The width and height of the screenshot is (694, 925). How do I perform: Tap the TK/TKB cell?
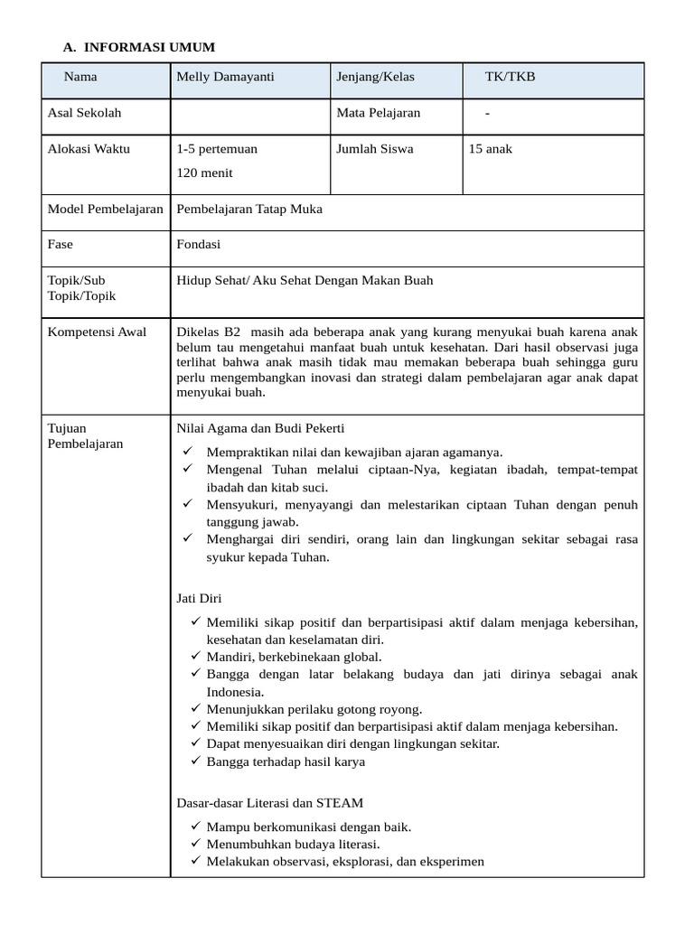coord(510,77)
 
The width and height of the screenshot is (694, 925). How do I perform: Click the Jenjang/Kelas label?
coord(375,77)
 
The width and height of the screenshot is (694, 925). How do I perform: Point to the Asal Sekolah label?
coord(84,113)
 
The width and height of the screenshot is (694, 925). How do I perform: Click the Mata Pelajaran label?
coord(378,113)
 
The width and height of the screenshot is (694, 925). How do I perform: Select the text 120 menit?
coord(204,172)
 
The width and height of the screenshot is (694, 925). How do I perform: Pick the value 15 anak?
coord(490,148)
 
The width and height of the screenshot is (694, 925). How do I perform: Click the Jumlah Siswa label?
coord(374,148)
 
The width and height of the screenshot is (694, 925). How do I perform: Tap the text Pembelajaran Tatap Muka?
coord(249,209)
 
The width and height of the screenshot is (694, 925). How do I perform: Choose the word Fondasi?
coord(199,244)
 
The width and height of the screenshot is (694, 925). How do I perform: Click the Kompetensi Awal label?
coord(97,332)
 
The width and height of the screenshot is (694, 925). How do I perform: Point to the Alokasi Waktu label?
coord(89,148)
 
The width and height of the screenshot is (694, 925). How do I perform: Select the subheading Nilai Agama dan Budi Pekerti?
coord(260,428)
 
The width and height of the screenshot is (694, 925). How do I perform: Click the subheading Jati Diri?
coord(199,598)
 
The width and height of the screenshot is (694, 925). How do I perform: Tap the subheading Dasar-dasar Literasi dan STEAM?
coord(269,802)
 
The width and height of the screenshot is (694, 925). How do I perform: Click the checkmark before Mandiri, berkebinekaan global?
coord(196,657)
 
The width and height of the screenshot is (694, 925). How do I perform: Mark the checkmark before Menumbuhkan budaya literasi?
coord(196,844)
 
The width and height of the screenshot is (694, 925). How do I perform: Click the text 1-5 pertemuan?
coord(217,148)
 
